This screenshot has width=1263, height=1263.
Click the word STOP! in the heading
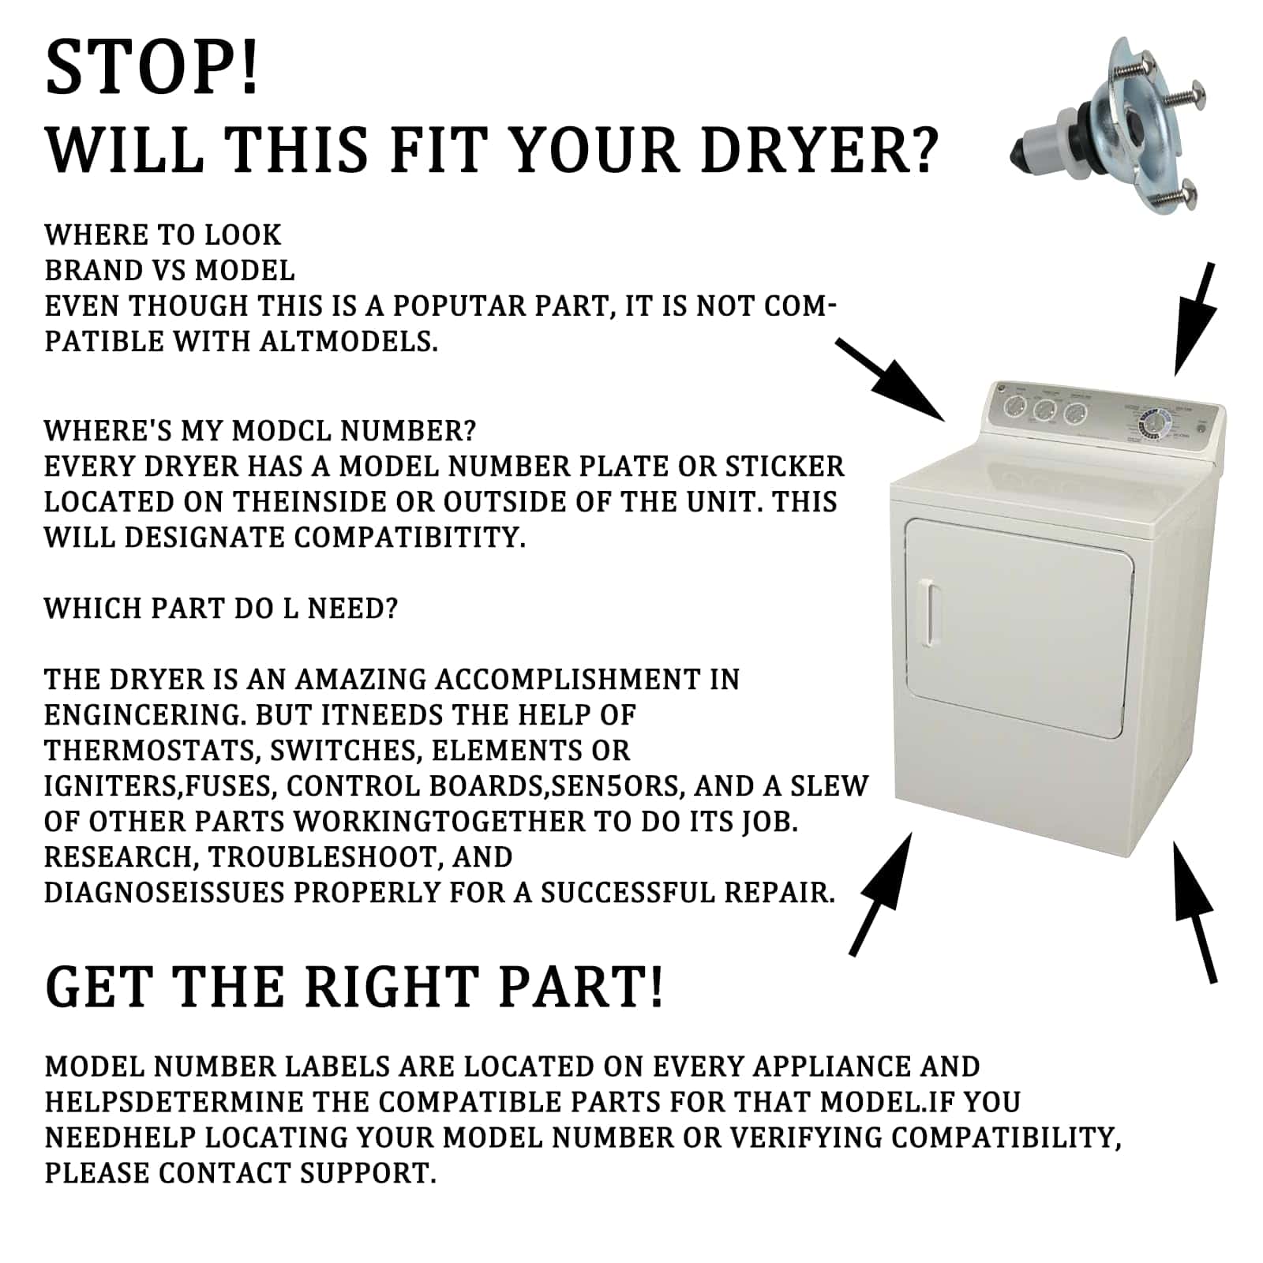coord(152,68)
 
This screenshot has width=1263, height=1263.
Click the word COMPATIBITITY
coord(410,538)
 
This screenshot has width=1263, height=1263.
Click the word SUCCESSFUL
coord(628,893)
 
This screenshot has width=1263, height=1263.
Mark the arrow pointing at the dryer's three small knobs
coord(890,380)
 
